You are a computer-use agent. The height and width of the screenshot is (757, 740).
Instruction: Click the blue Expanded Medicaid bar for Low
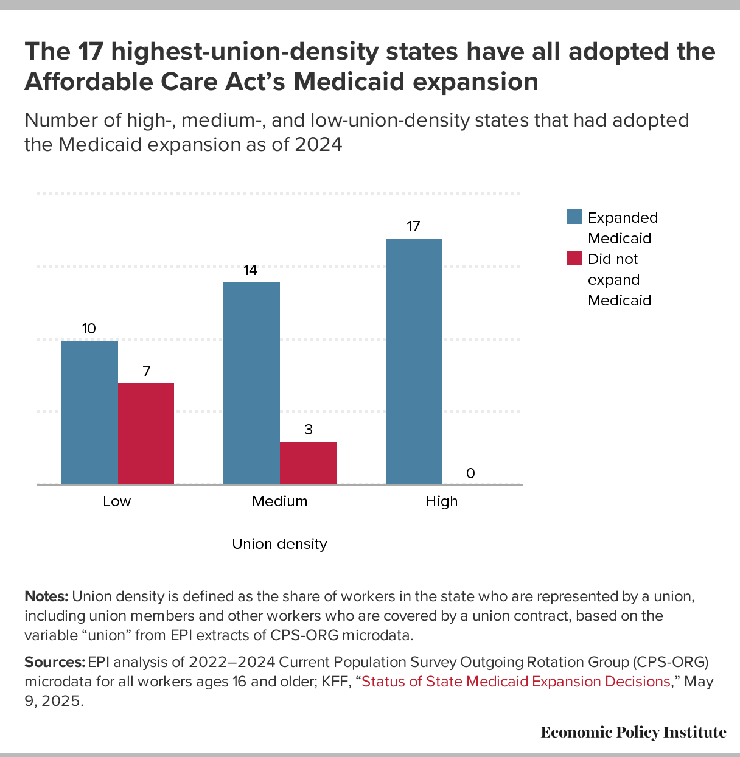coord(89,413)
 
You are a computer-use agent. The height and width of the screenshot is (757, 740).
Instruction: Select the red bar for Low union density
coord(146,434)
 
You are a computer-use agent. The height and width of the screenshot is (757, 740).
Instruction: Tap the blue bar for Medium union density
coord(251,383)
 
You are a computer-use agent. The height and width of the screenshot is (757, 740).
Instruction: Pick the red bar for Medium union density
coord(309,463)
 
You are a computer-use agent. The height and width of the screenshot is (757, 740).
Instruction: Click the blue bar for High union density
coord(414,361)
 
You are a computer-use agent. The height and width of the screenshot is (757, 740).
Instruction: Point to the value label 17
coord(413,227)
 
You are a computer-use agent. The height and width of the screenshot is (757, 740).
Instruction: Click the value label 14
coord(251,271)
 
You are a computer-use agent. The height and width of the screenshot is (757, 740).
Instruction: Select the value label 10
coord(89,329)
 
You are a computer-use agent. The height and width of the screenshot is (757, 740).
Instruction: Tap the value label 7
coord(147,371)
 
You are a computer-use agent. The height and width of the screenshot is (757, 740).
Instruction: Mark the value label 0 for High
coord(470,473)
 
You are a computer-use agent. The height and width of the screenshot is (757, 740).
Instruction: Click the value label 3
coord(309,430)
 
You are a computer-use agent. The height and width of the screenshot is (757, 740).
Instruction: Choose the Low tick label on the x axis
coord(117,501)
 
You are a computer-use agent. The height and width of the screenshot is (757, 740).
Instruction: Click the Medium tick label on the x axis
coord(280,501)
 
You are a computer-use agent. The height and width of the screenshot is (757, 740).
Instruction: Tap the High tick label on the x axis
coord(442,501)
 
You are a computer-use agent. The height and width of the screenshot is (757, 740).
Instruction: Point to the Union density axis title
coord(280,544)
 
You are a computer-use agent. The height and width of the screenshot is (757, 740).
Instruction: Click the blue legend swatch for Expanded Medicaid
coord(574,217)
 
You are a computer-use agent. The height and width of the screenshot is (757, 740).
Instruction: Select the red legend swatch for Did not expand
coord(574,259)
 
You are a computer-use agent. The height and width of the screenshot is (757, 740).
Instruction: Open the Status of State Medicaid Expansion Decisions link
coord(516,682)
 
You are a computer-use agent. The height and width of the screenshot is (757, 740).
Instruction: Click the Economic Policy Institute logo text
coord(634,732)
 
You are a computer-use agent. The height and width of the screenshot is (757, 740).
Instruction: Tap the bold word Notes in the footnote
coord(46,596)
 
